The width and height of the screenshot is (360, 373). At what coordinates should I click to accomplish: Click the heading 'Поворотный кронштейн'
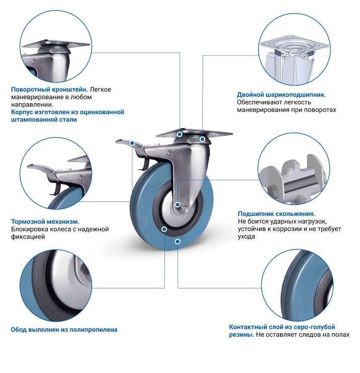[49, 90]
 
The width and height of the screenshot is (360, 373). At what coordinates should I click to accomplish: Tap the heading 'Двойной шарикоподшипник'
[281, 95]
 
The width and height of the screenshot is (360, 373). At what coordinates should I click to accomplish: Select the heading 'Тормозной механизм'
[45, 221]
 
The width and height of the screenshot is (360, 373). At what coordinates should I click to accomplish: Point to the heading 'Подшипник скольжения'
[277, 213]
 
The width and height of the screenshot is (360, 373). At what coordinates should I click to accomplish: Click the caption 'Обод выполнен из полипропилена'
[64, 330]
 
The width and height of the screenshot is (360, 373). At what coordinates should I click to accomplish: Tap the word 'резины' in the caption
[241, 335]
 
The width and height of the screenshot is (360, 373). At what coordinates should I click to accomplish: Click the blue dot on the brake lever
[133, 143]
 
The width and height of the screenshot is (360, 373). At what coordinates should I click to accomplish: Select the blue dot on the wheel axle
[177, 205]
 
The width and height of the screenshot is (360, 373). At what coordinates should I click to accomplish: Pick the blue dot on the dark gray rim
[164, 230]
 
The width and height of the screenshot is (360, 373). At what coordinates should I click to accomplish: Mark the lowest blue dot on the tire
[177, 242]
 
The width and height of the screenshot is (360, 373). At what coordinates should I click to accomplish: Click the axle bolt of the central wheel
[184, 209]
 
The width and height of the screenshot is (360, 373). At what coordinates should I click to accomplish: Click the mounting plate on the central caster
[194, 133]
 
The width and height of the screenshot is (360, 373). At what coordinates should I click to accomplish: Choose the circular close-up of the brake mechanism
[56, 174]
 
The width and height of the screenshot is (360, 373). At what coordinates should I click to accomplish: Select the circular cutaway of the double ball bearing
[295, 49]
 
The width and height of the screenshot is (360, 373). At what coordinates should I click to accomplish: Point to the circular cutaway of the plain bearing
[294, 169]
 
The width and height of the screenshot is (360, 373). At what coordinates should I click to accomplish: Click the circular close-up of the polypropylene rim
[56, 285]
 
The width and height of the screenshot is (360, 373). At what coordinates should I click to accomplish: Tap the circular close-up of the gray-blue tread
[297, 285]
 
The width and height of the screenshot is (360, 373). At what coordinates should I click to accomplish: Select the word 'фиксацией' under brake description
[28, 237]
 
